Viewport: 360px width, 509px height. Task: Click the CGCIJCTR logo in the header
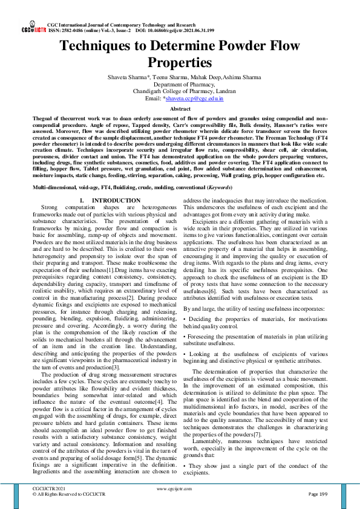click(x=33, y=28)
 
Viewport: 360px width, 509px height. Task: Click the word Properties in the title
click(x=180, y=62)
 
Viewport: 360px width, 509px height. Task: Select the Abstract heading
click(x=180, y=108)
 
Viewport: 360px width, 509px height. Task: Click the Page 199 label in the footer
click(x=317, y=494)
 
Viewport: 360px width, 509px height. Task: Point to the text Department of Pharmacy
click(x=180, y=84)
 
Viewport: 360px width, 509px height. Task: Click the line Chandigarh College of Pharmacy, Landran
click(x=180, y=91)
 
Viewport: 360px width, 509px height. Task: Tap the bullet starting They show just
click(x=255, y=469)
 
